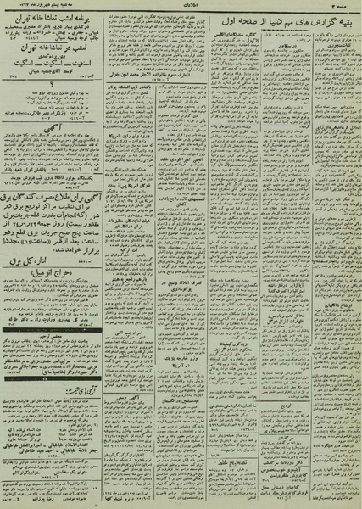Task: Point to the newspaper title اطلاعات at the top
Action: coord(181,5)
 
